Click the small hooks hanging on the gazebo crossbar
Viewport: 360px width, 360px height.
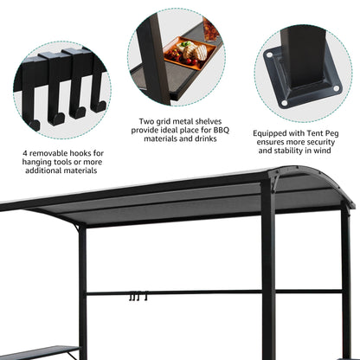tap(135, 298)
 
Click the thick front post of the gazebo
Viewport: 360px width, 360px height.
tap(267, 277)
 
